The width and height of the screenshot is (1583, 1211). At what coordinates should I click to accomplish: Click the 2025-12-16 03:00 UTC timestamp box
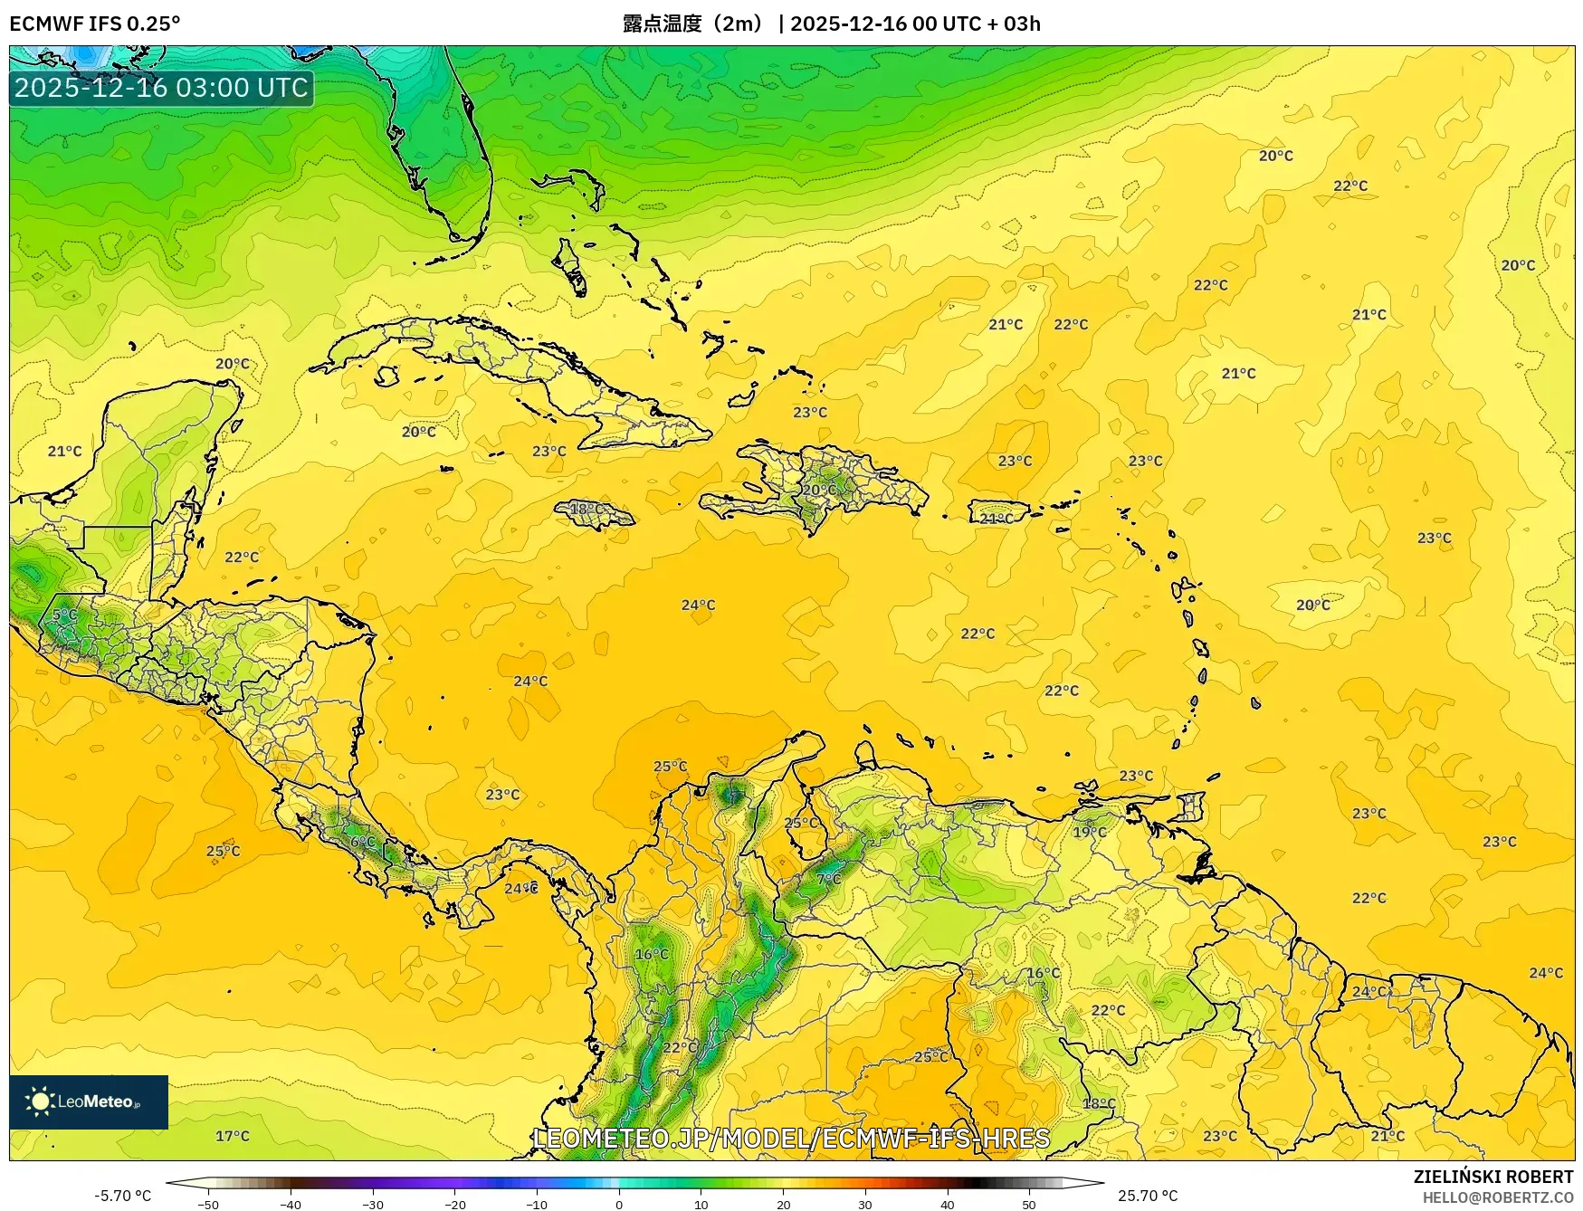[161, 88]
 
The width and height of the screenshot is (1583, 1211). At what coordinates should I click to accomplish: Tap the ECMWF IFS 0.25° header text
[94, 24]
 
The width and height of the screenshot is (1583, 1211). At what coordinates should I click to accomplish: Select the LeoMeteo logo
[89, 1101]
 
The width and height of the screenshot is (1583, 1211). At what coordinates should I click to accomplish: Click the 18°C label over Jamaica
[586, 509]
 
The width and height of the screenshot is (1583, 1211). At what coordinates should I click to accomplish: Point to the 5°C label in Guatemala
[64, 614]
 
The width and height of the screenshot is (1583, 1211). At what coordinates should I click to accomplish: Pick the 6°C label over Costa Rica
[362, 841]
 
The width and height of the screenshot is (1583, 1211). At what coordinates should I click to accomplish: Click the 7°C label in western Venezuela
[828, 878]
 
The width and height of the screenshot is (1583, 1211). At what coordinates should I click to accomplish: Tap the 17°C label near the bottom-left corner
[232, 1136]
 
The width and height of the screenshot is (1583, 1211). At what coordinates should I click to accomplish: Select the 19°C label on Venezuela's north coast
[1090, 832]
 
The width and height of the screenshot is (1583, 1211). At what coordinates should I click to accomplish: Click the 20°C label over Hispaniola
[819, 490]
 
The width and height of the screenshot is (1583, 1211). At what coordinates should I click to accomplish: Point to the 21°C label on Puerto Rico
[997, 519]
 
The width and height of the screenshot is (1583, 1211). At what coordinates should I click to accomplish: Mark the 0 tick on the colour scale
[619, 1204]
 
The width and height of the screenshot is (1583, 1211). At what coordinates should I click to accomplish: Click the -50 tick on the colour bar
[208, 1204]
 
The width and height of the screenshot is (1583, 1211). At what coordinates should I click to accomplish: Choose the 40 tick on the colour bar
[948, 1204]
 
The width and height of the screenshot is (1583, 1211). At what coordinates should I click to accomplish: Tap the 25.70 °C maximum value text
[1148, 1196]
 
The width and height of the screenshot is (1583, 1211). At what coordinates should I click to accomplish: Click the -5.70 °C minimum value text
[123, 1196]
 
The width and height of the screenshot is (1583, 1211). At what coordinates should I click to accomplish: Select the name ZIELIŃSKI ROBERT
[1493, 1177]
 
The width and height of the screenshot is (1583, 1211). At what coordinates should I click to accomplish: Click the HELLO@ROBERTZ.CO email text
[1498, 1197]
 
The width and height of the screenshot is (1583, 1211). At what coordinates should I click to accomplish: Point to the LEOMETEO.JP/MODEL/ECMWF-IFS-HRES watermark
[791, 1138]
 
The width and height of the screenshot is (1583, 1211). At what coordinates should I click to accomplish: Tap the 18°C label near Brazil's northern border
[1099, 1103]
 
